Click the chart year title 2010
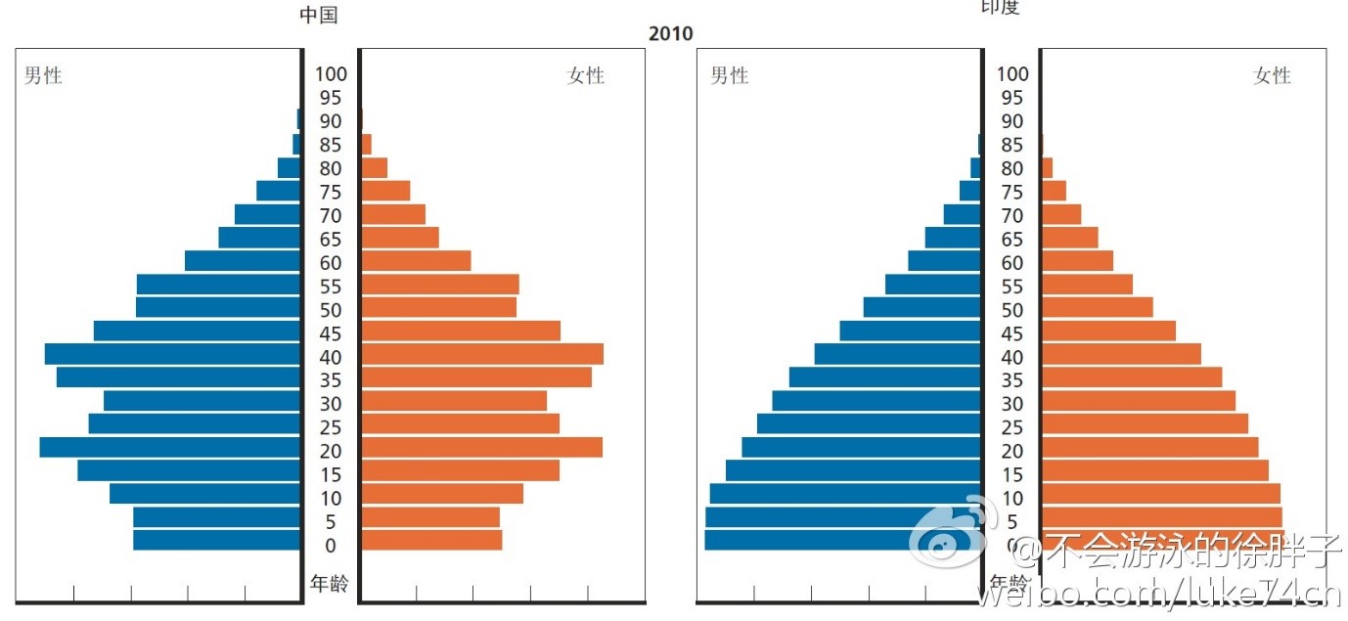click(x=671, y=33)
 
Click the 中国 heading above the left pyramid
click(x=319, y=15)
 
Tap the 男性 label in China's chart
click(x=43, y=75)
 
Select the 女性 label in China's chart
click(x=586, y=75)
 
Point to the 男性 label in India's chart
click(x=729, y=75)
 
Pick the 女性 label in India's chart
click(x=1272, y=75)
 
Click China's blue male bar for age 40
click(x=172, y=354)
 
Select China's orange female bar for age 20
click(x=482, y=448)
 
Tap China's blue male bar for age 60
click(x=242, y=261)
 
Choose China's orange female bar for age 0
click(x=431, y=540)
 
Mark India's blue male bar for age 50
click(x=921, y=307)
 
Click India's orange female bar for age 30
click(x=1139, y=401)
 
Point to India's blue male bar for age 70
click(x=962, y=214)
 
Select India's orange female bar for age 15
click(x=1155, y=470)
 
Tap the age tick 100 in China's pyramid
click(x=331, y=74)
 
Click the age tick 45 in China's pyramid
click(x=331, y=333)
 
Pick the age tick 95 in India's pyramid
click(x=1011, y=98)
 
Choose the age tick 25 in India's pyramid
click(x=1011, y=428)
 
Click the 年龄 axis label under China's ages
click(x=329, y=584)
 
